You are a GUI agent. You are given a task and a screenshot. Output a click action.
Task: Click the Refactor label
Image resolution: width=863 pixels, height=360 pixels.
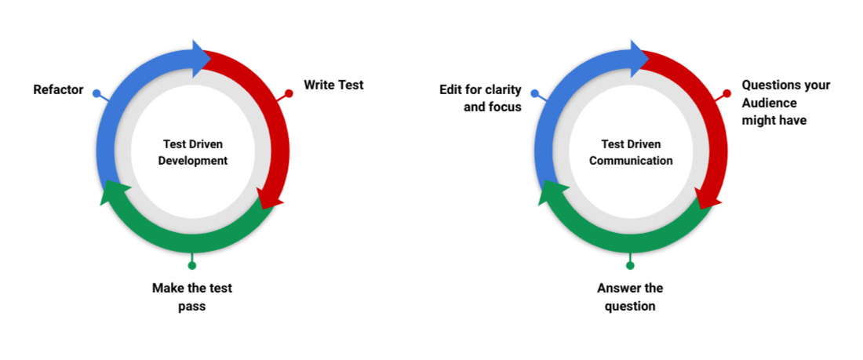click(58, 90)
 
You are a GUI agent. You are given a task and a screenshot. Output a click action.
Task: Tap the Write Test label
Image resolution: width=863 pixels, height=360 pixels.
click(333, 85)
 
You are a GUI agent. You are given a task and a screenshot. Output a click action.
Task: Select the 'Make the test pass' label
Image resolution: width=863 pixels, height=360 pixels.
click(192, 297)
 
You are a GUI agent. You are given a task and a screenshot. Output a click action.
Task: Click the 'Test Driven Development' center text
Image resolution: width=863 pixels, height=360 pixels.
click(193, 152)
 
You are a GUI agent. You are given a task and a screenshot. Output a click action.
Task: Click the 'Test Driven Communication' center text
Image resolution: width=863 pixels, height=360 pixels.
click(631, 152)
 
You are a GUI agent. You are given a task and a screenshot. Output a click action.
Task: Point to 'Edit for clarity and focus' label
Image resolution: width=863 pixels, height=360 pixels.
click(480, 99)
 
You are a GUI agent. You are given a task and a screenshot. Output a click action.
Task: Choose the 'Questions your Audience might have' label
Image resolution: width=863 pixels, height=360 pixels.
click(785, 103)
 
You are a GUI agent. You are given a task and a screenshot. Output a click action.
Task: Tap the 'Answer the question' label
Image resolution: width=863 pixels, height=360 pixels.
click(630, 297)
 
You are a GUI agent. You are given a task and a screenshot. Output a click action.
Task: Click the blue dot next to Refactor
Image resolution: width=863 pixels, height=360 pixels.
click(96, 93)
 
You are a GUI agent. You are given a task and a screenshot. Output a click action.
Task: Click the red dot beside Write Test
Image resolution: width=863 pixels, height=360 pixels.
click(289, 93)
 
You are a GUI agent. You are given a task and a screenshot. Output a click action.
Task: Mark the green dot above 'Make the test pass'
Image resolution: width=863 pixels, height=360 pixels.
click(192, 265)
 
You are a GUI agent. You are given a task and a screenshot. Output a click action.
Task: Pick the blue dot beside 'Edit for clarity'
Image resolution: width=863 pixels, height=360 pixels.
click(534, 93)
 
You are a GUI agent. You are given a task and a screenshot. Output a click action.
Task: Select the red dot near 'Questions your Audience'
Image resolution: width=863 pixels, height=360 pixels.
click(726, 93)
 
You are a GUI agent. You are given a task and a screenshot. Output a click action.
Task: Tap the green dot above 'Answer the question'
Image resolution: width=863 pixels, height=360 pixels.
click(630, 265)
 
